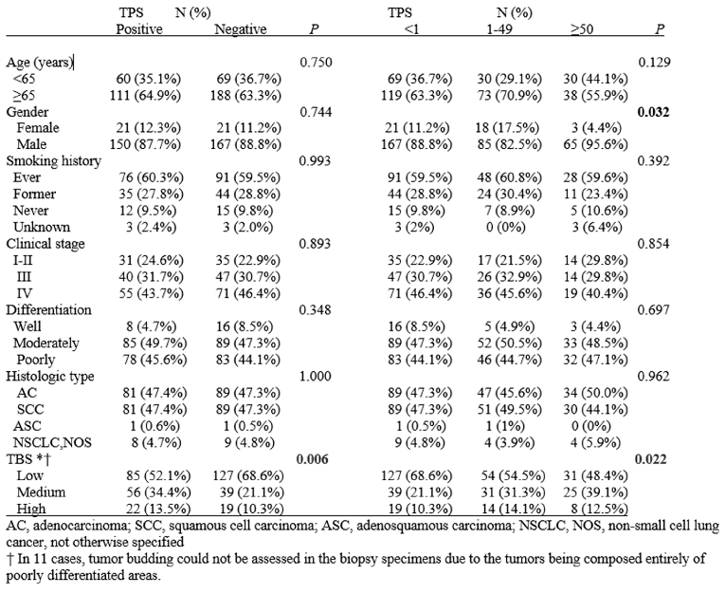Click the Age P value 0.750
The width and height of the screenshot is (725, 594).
(316, 62)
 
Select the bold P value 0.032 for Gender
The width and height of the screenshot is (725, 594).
(653, 112)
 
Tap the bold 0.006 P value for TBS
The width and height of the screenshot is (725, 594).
(312, 459)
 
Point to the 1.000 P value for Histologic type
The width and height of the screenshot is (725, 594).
(316, 376)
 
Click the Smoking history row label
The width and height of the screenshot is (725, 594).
(54, 161)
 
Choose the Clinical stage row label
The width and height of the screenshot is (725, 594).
(45, 244)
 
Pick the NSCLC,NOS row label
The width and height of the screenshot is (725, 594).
(52, 442)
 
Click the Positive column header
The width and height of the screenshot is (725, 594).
(139, 29)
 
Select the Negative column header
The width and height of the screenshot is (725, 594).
(241, 29)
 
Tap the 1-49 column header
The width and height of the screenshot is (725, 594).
(499, 29)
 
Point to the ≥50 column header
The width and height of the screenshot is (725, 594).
(582, 29)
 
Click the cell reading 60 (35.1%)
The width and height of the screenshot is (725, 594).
(149, 79)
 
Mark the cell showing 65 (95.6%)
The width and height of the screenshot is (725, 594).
(595, 144)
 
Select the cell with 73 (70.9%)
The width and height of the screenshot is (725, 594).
(510, 96)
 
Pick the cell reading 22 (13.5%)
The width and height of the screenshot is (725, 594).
(158, 509)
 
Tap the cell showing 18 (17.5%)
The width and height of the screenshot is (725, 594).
(508, 128)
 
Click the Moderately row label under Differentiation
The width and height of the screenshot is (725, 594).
(46, 343)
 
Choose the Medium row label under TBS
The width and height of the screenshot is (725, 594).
(41, 492)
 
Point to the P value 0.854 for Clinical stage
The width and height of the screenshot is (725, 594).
(653, 244)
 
